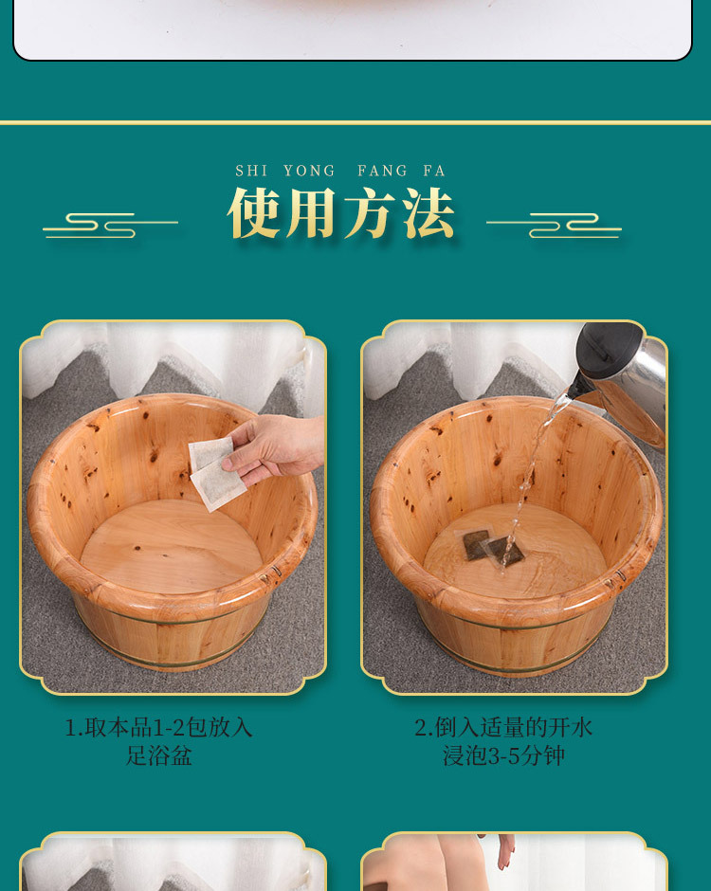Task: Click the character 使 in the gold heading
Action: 254,213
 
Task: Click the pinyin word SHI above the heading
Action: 251,171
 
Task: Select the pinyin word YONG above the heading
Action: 309,171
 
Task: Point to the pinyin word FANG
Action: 382,171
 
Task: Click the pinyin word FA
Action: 434,171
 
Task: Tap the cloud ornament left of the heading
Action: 109,225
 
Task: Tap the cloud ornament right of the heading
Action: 555,225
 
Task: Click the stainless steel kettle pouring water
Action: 621,374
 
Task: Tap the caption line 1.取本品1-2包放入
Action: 158,727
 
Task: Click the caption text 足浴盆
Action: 158,756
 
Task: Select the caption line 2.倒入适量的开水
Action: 503,727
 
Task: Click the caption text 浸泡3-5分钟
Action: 503,756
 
